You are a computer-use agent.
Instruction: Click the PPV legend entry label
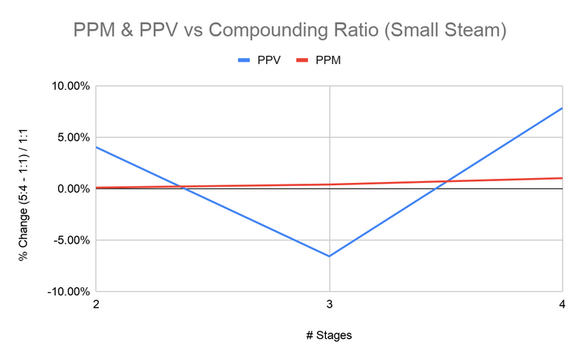point(268,60)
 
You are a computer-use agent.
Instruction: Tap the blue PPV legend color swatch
point(244,60)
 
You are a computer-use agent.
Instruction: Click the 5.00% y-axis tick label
point(69,137)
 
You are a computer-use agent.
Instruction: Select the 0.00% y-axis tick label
point(69,188)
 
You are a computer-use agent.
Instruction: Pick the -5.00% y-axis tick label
point(67,240)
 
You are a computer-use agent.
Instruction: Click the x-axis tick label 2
point(96,304)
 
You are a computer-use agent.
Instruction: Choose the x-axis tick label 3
point(329,304)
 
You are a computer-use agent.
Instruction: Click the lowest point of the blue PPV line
point(329,256)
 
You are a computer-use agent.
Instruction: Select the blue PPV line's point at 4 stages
point(562,108)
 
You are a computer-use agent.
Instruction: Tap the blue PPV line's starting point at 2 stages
point(96,147)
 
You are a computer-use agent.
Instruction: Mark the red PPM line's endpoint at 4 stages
point(562,178)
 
